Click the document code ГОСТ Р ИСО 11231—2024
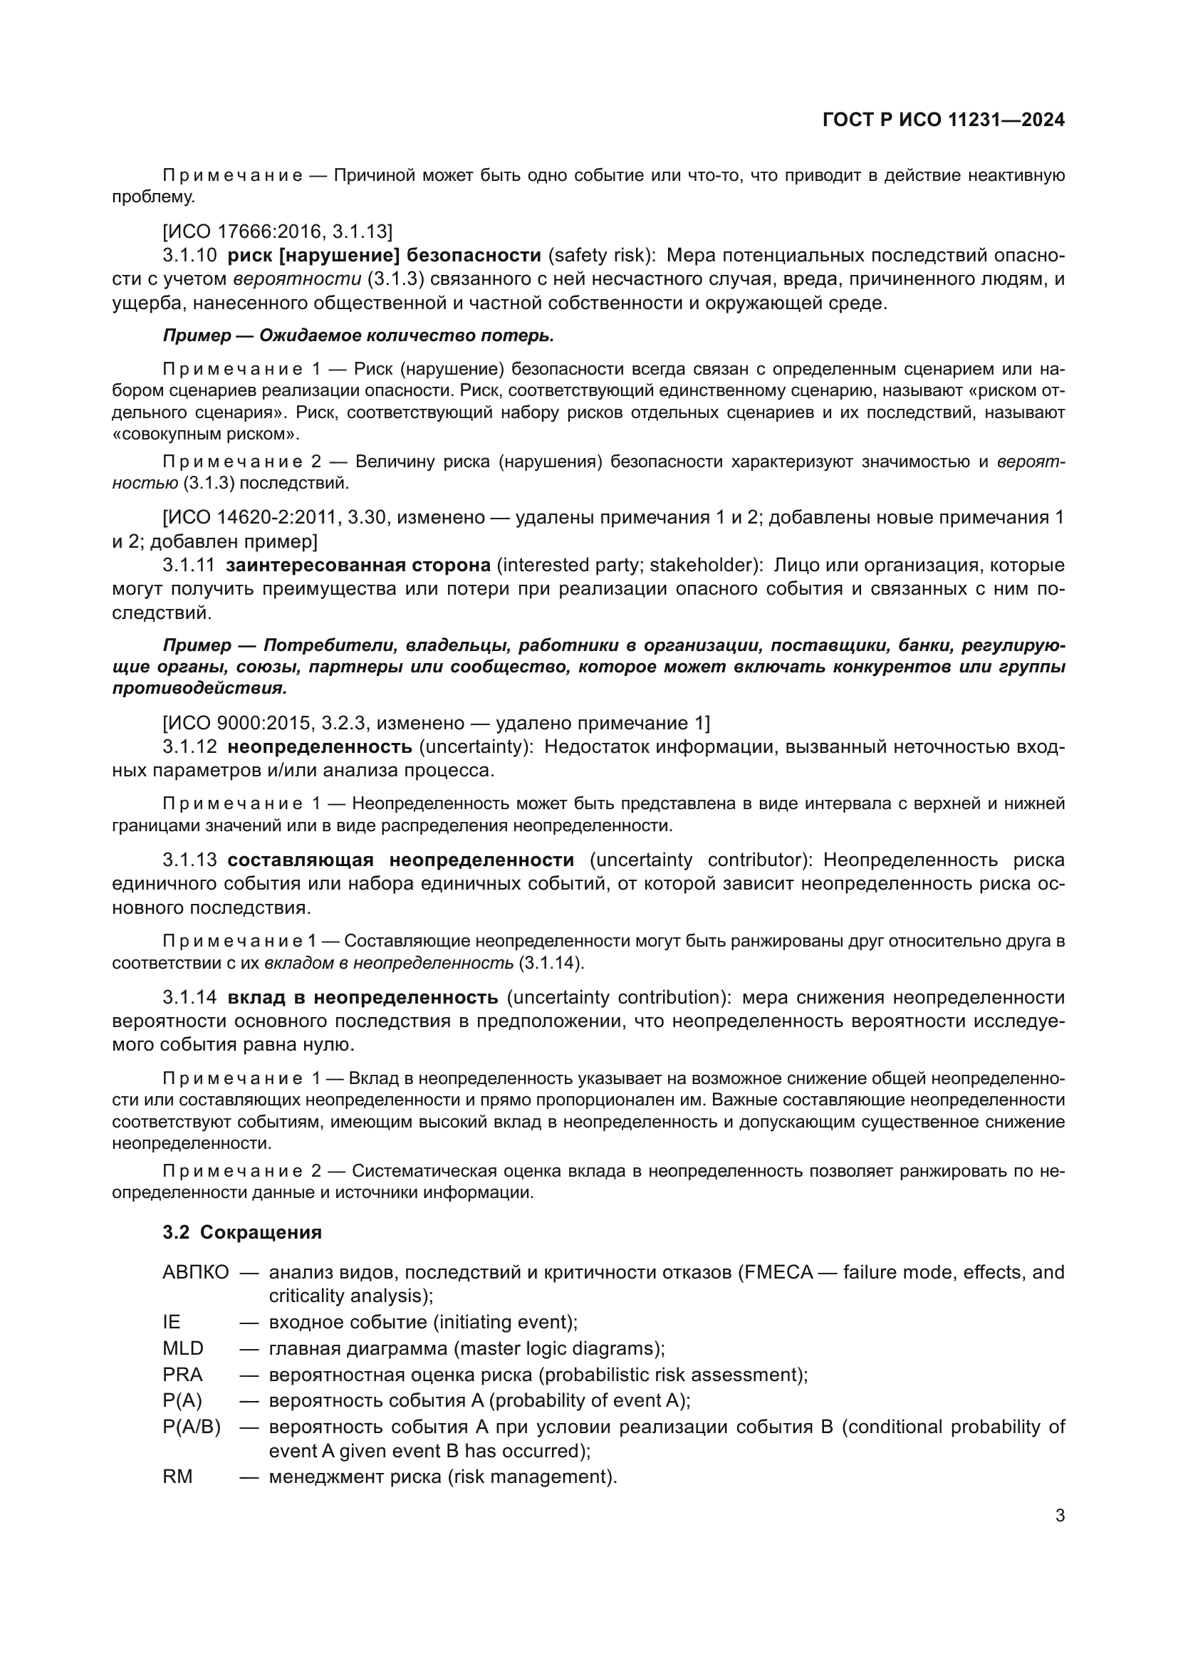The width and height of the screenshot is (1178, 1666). click(943, 120)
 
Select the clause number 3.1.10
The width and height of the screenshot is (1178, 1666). click(189, 256)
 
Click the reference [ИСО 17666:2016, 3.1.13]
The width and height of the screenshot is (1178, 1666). click(277, 231)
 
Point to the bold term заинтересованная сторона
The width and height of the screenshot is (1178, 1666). click(358, 566)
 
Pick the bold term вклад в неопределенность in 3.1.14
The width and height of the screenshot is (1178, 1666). click(363, 997)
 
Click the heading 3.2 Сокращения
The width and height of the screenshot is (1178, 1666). click(242, 1232)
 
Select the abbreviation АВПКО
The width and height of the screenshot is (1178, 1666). click(196, 1272)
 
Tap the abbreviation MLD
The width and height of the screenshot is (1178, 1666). click(183, 1349)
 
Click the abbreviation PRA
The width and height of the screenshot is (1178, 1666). click(182, 1374)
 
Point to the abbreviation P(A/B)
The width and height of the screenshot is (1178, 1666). click(192, 1427)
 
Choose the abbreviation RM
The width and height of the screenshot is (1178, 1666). click(178, 1476)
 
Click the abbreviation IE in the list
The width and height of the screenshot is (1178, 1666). click(171, 1322)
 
